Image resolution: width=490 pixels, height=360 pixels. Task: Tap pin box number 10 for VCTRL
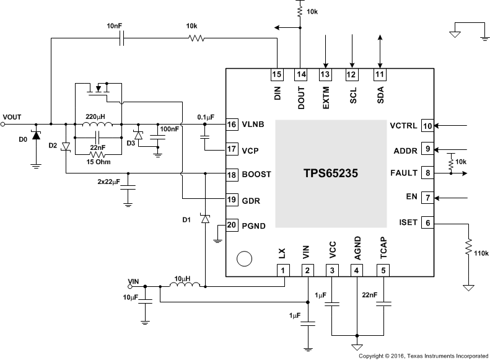[427, 125]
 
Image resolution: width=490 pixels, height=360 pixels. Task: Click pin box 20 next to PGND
[231, 226]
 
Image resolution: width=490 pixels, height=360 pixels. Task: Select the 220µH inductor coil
[97, 121]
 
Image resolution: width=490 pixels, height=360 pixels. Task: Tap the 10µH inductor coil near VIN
[185, 286]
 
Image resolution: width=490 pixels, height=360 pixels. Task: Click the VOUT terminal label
[12, 116]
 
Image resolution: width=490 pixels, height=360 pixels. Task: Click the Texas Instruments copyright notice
[423, 356]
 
